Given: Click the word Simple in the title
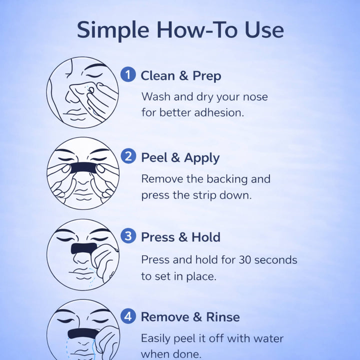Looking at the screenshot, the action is click(x=113, y=30).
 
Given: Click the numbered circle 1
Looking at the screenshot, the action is click(x=128, y=74).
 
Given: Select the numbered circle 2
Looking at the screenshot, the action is click(x=128, y=156).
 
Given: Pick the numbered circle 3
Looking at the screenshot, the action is click(x=128, y=235).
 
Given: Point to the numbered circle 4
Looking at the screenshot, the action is click(x=128, y=316).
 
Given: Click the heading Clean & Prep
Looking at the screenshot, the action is click(x=181, y=76).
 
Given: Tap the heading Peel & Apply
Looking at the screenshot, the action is click(x=180, y=158).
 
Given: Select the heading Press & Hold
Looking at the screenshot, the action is click(x=180, y=237).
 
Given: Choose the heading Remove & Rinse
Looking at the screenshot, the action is click(x=190, y=317).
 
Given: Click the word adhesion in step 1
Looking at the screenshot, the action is click(x=219, y=112).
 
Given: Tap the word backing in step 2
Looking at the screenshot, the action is click(x=227, y=179).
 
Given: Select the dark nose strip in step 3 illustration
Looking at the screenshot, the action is click(x=84, y=248).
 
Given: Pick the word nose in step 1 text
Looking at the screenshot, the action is click(x=255, y=97).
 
